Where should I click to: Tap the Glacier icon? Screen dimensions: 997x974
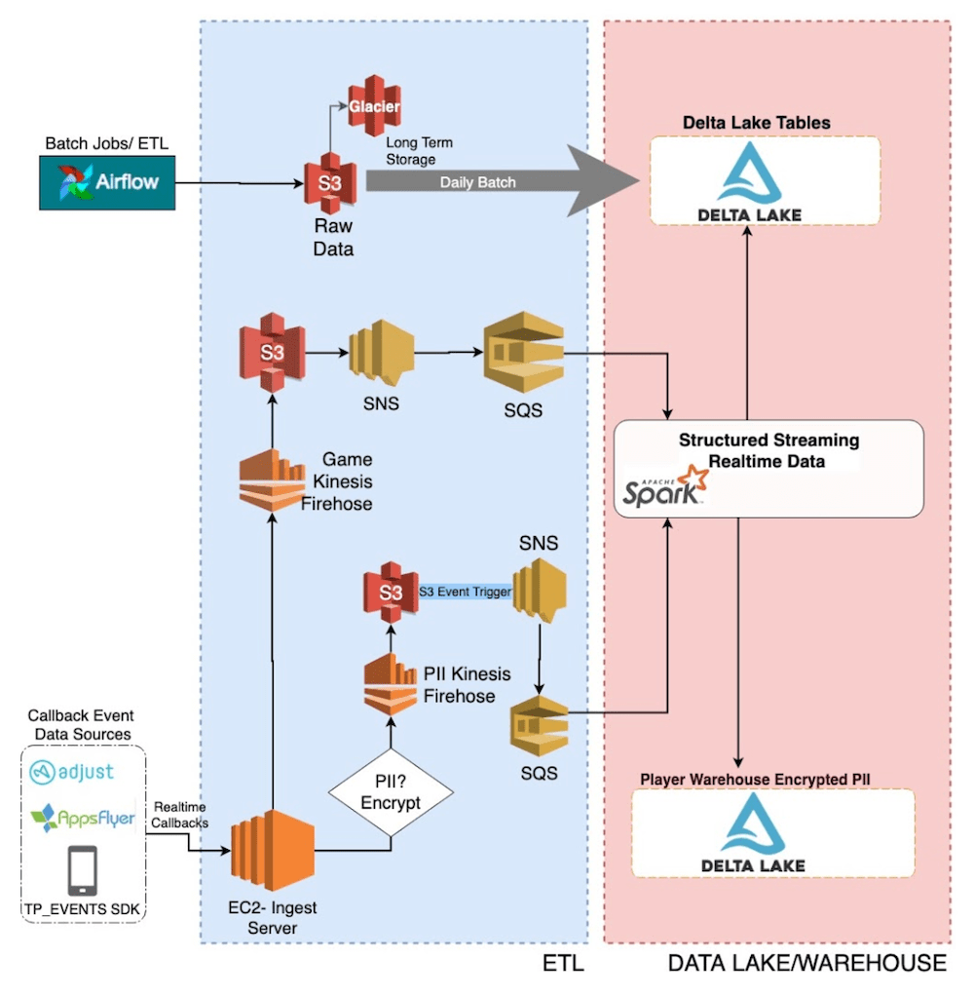[x=375, y=105]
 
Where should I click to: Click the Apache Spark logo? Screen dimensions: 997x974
[x=663, y=486]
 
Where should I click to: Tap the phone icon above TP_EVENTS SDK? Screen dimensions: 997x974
[x=82, y=869]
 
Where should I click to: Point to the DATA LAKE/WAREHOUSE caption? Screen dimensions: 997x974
[x=806, y=963]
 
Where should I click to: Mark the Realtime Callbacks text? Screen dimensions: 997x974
[x=180, y=814]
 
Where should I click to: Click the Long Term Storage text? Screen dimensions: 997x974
[x=419, y=151]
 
